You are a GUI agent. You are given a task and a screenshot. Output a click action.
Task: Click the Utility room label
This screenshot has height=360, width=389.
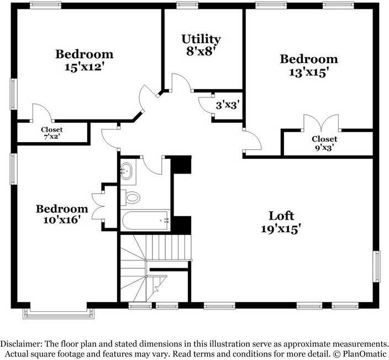201,39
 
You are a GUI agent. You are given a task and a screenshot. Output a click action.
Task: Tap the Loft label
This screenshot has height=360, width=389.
281,216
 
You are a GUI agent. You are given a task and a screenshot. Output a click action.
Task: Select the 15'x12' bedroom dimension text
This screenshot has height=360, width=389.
84,67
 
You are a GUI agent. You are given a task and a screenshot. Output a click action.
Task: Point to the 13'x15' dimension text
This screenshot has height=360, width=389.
309,72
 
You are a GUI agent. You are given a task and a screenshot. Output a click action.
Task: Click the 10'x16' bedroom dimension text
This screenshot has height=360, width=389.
62,220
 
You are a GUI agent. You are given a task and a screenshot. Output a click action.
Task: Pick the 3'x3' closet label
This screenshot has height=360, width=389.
228,106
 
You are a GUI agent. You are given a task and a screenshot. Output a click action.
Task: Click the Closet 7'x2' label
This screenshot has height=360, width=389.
52,133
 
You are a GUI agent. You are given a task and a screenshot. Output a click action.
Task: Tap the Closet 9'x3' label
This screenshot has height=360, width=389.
324,143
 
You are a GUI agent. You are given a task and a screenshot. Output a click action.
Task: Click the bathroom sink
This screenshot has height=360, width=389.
127,171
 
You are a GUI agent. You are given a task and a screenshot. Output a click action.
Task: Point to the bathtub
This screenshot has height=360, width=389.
146,220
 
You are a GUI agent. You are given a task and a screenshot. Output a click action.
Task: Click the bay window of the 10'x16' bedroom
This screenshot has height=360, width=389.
59,314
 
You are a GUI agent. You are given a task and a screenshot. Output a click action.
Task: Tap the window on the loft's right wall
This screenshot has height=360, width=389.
377,267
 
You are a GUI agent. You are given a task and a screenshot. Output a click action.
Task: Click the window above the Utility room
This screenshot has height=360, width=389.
187,5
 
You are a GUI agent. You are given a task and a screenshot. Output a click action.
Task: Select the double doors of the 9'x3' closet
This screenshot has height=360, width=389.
321,123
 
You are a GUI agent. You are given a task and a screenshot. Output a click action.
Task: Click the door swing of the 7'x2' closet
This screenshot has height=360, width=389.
42,112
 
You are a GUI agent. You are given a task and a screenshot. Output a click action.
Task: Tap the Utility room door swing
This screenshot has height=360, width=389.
181,82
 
